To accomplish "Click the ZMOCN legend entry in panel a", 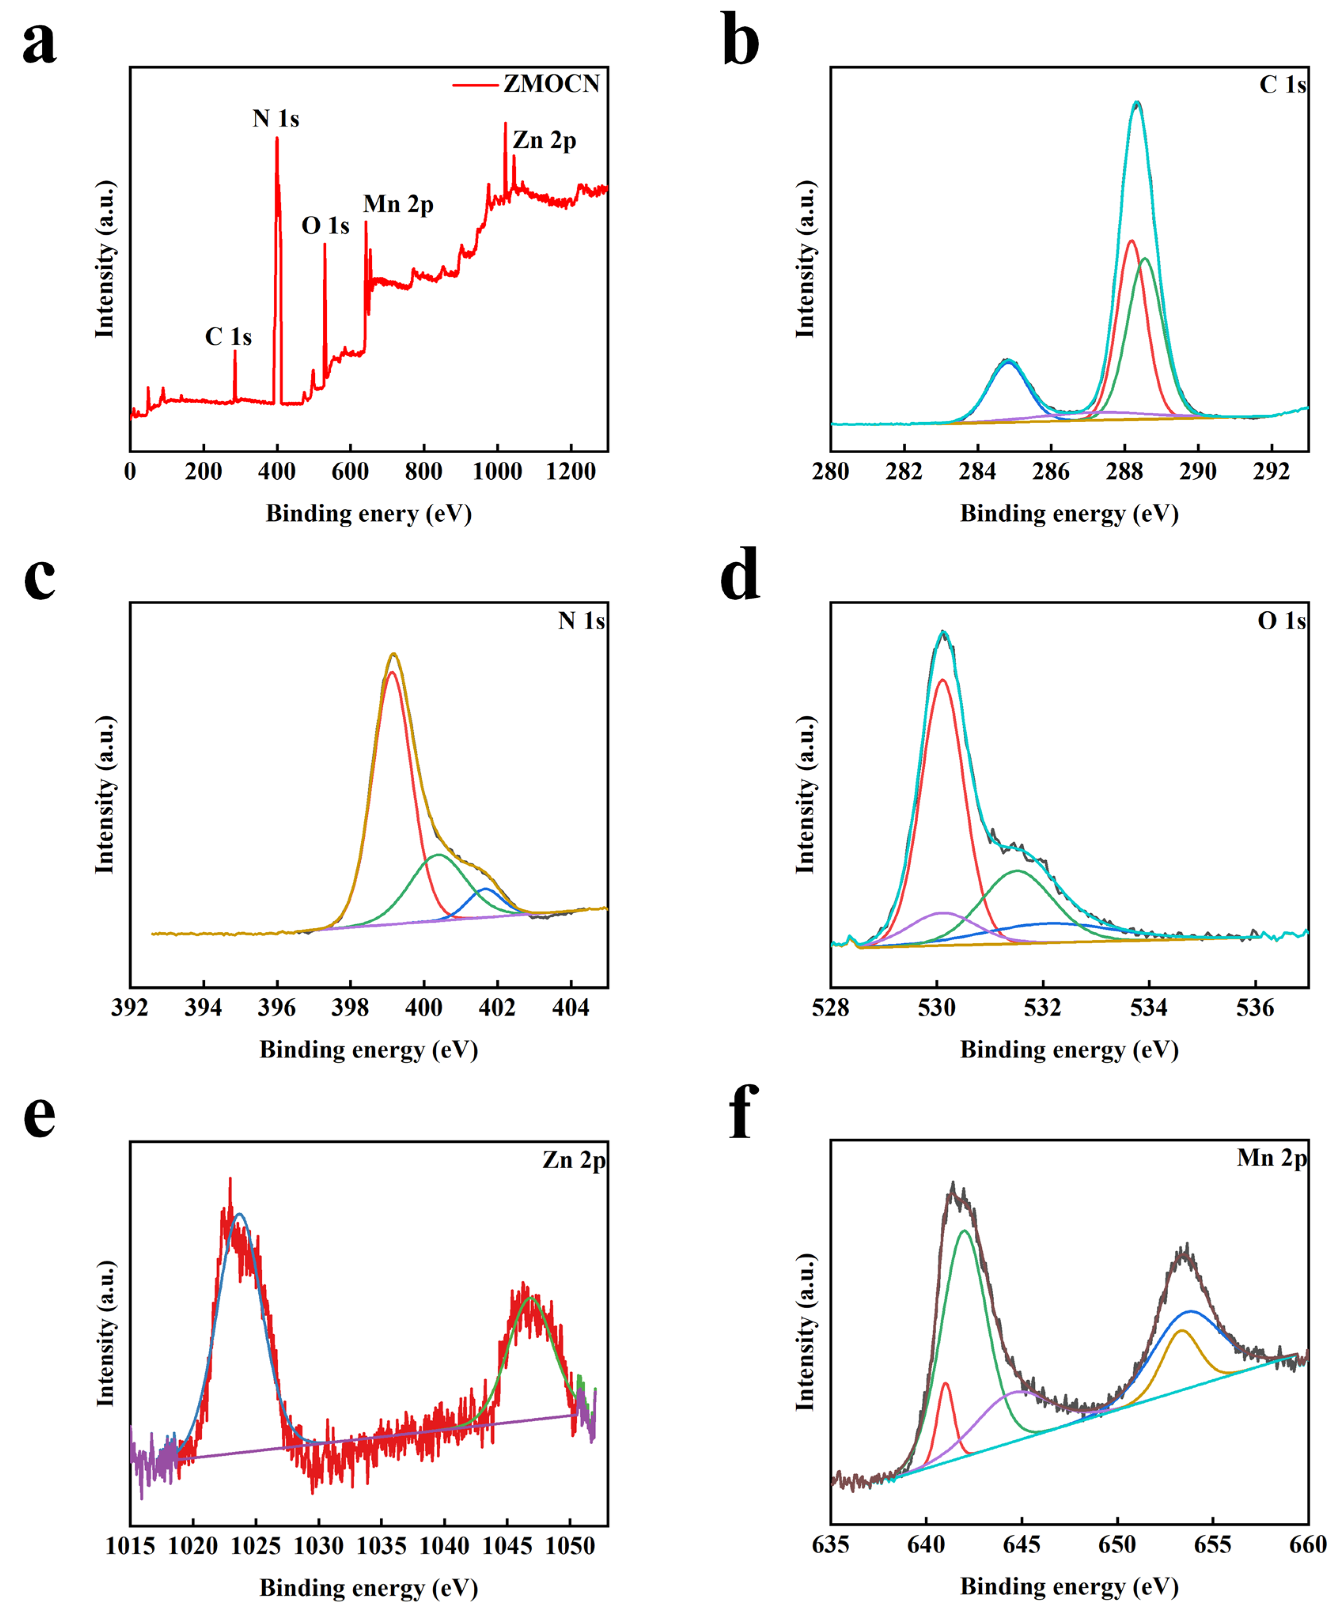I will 550,84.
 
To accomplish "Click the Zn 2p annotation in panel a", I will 544,141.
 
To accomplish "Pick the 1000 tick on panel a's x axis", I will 497,472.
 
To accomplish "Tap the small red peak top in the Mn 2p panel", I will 945,1383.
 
